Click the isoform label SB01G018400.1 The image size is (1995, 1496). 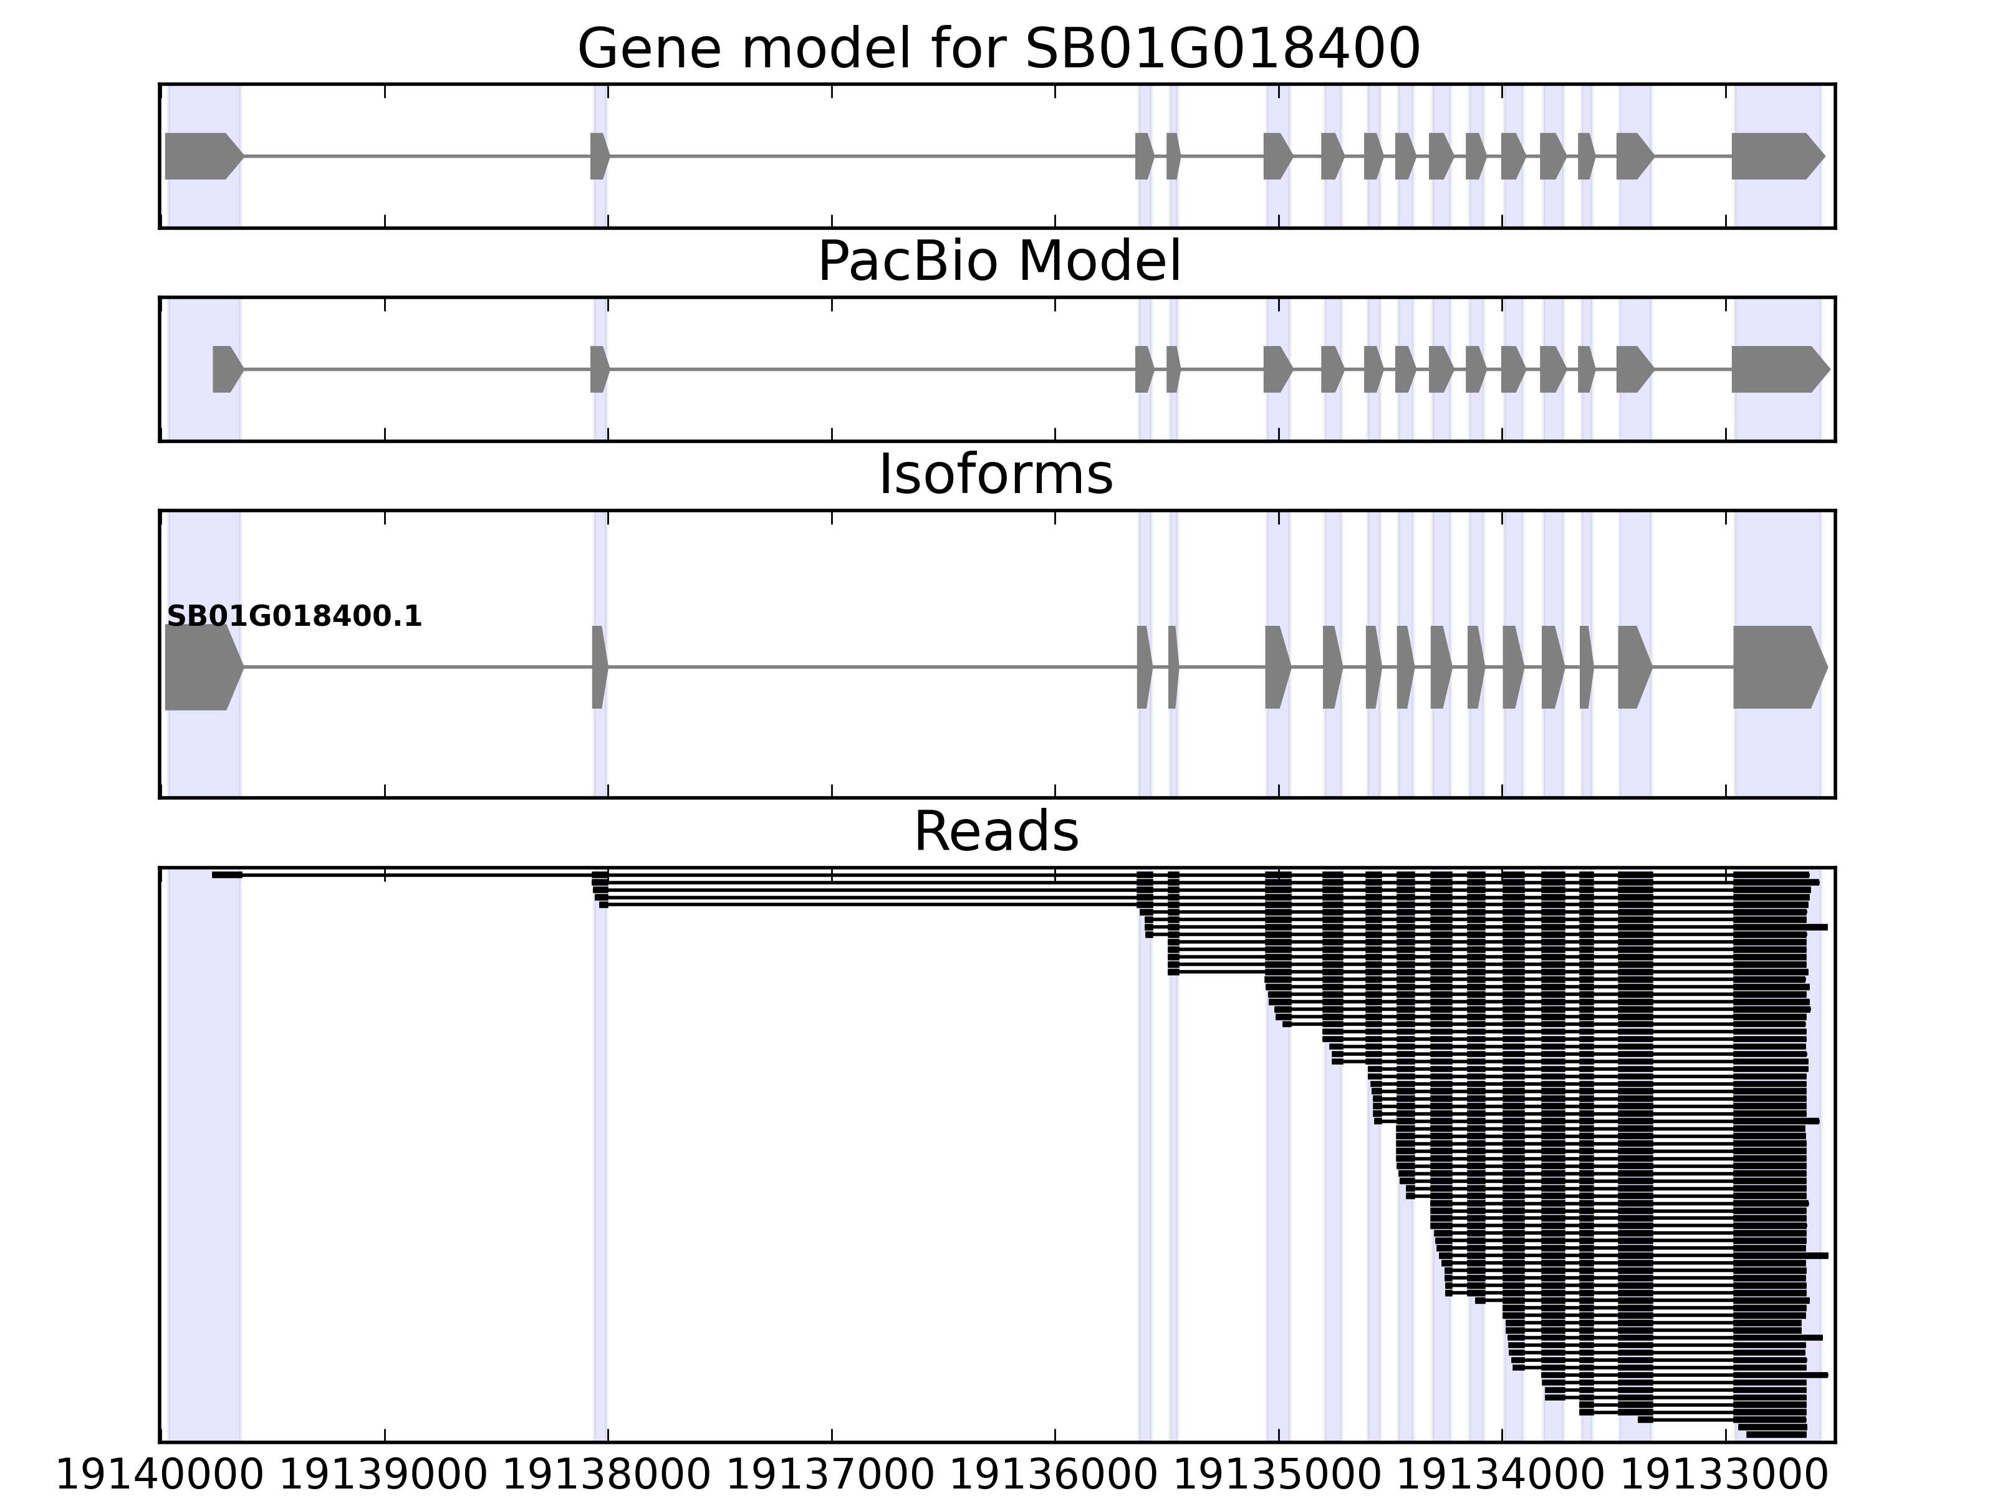click(x=294, y=617)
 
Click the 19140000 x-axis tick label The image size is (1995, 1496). click(x=160, y=1476)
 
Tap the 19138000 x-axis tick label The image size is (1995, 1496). click(x=607, y=1476)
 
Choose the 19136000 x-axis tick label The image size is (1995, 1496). click(x=1054, y=1476)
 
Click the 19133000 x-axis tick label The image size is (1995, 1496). click(x=1725, y=1476)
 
